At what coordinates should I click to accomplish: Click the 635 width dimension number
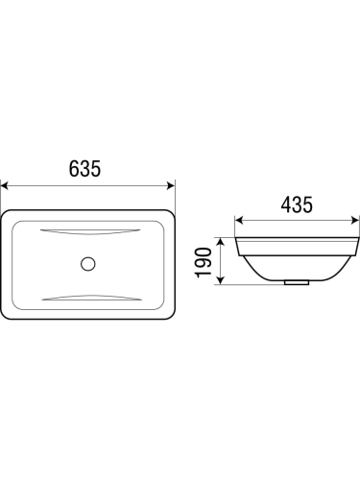point(84,168)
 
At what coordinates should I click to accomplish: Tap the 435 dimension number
point(297,204)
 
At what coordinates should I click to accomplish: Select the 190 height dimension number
point(204,262)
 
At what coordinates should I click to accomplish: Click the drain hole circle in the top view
point(88,264)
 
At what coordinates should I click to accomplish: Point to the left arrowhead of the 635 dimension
point(4,185)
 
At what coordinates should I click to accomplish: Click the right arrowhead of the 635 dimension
point(171,185)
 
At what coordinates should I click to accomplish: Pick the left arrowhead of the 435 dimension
point(239,220)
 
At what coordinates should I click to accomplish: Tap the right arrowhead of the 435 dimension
point(355,220)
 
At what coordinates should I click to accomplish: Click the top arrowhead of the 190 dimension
point(220,242)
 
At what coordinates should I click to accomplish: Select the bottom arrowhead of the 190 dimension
point(220,280)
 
